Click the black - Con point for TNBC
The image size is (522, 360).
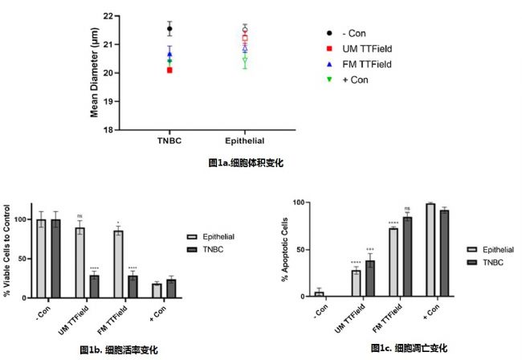169,29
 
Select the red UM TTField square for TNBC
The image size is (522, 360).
169,71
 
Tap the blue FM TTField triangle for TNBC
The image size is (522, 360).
169,55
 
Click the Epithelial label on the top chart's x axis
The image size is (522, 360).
245,141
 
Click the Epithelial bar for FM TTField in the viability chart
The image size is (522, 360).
118,264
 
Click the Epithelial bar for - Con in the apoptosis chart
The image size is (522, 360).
319,294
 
